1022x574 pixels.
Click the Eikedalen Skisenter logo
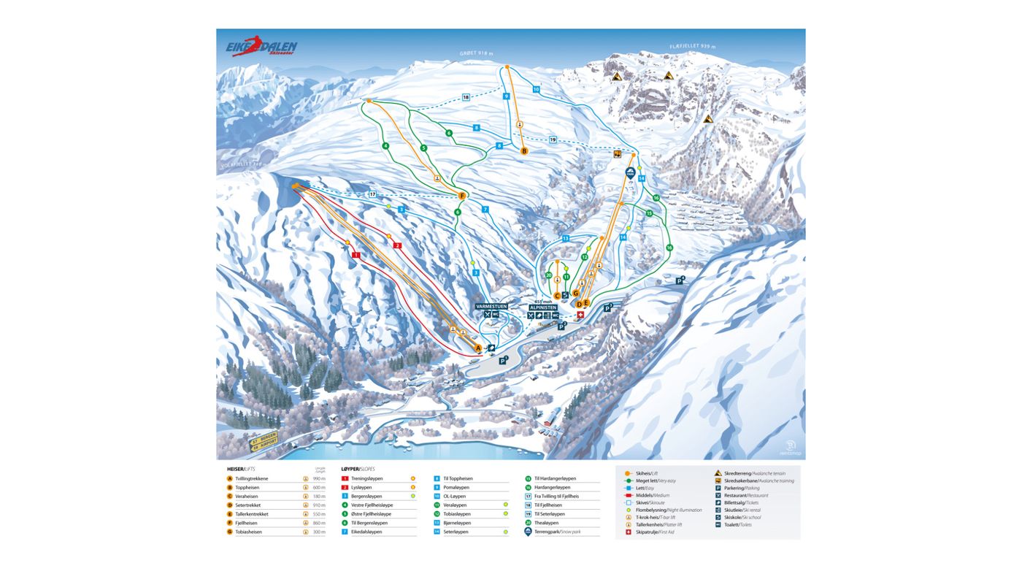coord(261,47)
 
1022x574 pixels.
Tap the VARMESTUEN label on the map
coord(491,307)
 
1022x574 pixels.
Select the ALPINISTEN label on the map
coord(543,307)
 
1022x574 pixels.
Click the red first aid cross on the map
coord(580,315)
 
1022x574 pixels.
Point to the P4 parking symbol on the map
coord(679,280)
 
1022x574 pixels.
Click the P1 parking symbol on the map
coord(502,360)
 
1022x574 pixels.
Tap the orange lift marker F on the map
coord(461,196)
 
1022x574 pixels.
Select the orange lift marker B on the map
coord(523,151)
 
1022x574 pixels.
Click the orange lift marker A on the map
coord(478,348)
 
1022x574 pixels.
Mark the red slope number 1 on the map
coord(356,255)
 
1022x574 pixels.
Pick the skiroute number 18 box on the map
coord(466,97)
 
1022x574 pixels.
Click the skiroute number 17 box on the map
coord(372,194)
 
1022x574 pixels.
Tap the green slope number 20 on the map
coord(548,275)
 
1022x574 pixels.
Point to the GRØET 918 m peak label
coord(477,53)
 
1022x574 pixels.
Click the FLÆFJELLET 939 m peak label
coord(692,47)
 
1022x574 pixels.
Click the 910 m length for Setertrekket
coord(319,505)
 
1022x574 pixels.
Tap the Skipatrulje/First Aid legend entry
coord(655,532)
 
